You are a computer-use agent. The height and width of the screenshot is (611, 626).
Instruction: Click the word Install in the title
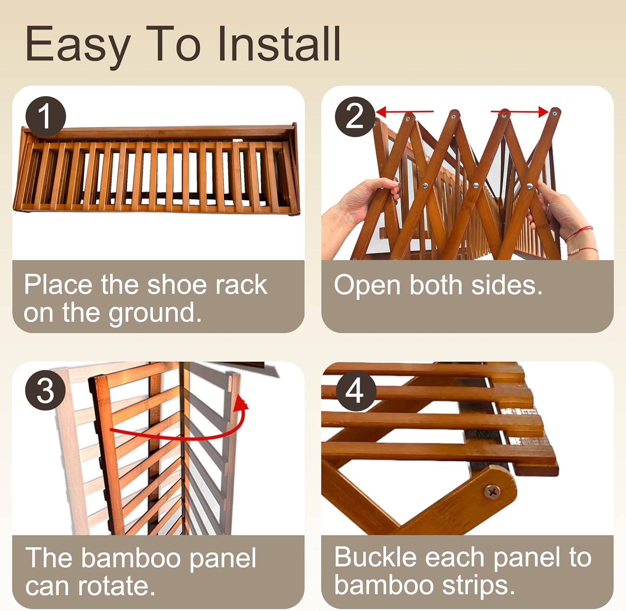(279, 44)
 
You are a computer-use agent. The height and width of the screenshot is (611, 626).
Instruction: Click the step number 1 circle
(45, 117)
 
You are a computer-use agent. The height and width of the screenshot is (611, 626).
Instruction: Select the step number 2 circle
(355, 117)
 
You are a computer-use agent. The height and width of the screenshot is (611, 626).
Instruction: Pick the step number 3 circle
(45, 390)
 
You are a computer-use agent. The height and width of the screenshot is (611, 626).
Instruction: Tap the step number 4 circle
(355, 390)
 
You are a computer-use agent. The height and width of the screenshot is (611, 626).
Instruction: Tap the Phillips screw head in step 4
(492, 492)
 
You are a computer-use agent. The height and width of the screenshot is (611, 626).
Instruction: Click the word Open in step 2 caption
(367, 286)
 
